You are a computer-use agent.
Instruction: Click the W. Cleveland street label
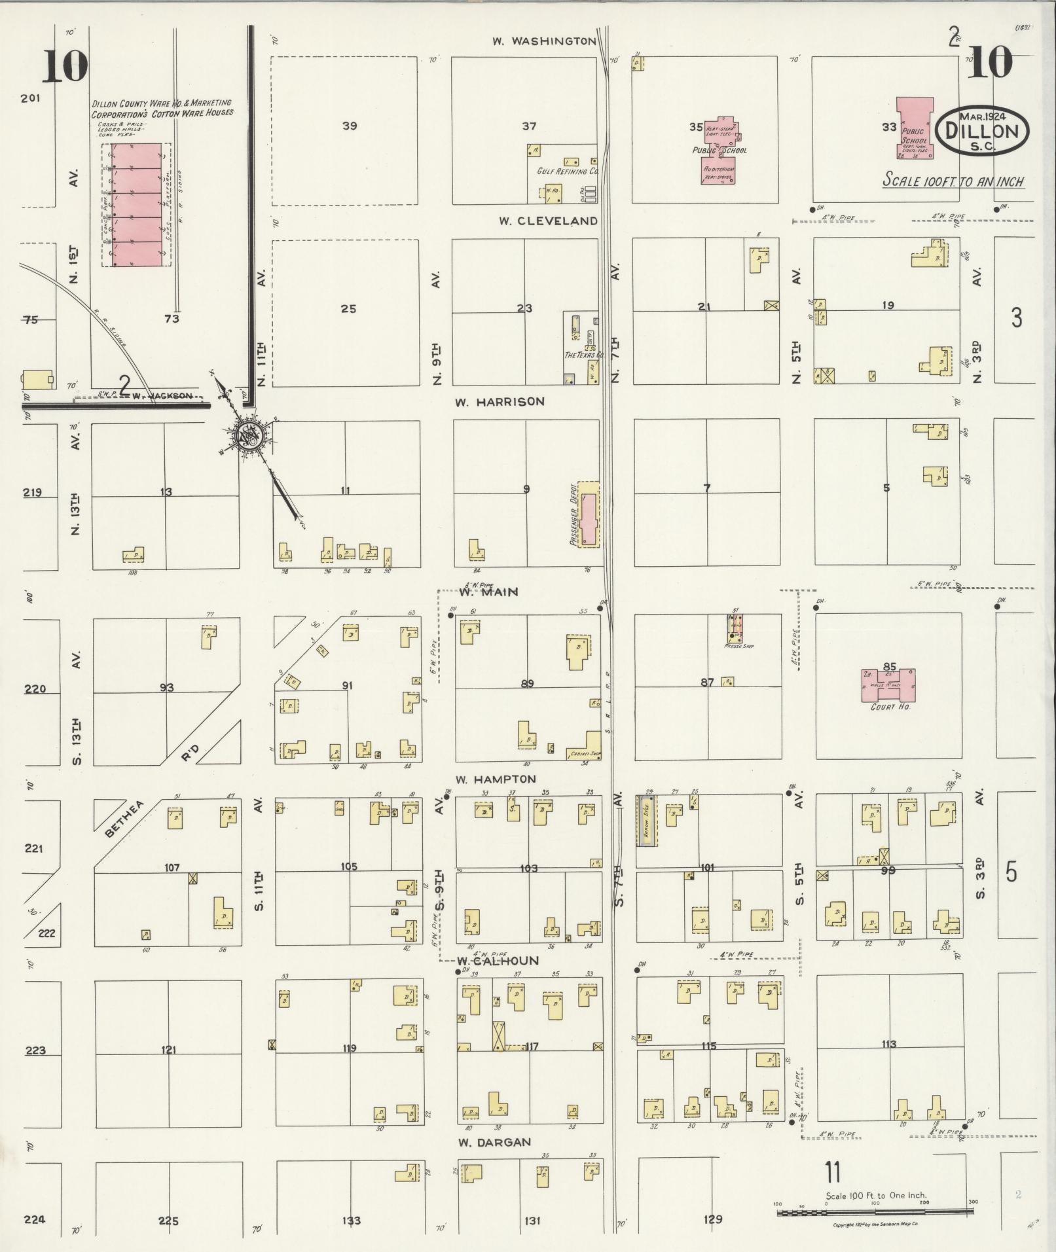tap(548, 221)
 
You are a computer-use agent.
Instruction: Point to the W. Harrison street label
tap(500, 401)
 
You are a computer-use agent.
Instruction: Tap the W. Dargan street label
tap(494, 1142)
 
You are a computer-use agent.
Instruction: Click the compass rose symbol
tap(249, 434)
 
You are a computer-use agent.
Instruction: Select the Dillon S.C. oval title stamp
tap(982, 131)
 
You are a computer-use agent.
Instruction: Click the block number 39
tap(350, 126)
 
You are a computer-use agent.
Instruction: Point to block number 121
tap(168, 1050)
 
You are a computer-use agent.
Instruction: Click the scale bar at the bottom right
tap(874, 1213)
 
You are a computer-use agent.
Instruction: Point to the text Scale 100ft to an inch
tap(953, 181)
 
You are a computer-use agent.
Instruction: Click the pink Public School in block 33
tap(915, 128)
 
